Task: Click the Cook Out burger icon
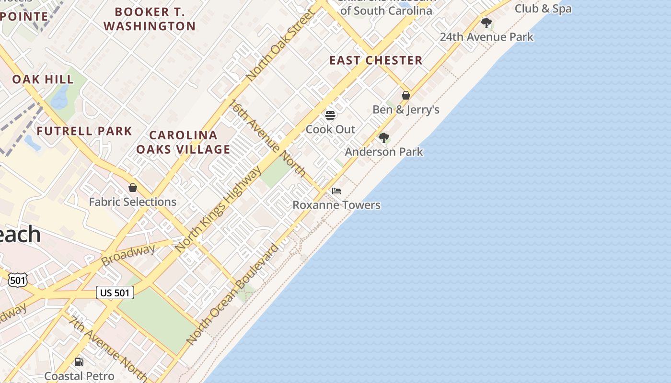pyautogui.click(x=330, y=115)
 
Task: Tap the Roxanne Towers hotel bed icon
pyautogui.click(x=336, y=191)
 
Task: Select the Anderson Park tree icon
pyautogui.click(x=383, y=138)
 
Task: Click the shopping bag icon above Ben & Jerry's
pyautogui.click(x=406, y=95)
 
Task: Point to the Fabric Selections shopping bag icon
pyautogui.click(x=133, y=188)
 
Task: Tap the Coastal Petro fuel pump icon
pyautogui.click(x=79, y=362)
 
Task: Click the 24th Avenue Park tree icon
pyautogui.click(x=486, y=23)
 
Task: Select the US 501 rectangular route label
pyautogui.click(x=115, y=293)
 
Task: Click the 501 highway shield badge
pyautogui.click(x=17, y=280)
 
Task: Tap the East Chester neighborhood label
pyautogui.click(x=376, y=60)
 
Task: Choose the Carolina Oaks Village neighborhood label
pyautogui.click(x=183, y=142)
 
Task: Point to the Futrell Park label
pyautogui.click(x=84, y=131)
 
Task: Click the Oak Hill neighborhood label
pyautogui.click(x=43, y=79)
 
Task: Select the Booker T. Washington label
pyautogui.click(x=150, y=19)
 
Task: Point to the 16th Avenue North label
pyautogui.click(x=268, y=138)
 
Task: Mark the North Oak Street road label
pyautogui.click(x=279, y=45)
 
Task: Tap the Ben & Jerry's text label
pyautogui.click(x=406, y=110)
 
